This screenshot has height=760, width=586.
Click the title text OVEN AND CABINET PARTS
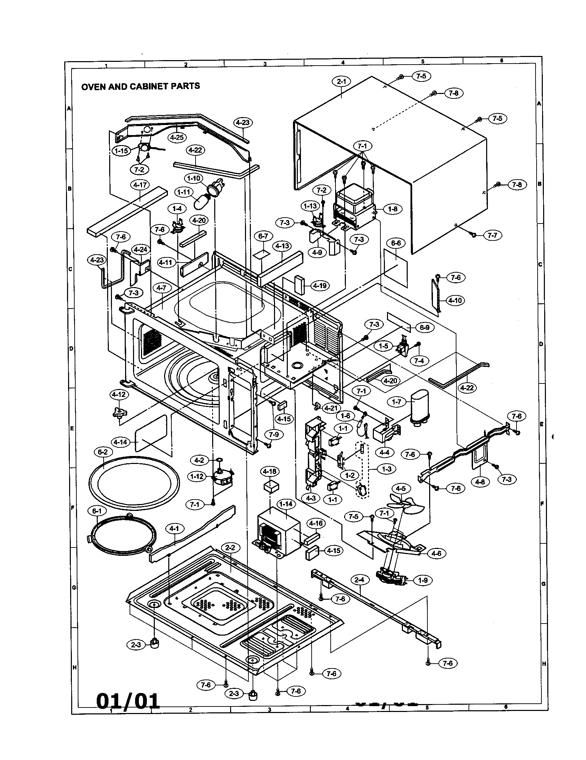pyautogui.click(x=141, y=86)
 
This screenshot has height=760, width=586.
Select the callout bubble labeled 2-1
pyautogui.click(x=341, y=82)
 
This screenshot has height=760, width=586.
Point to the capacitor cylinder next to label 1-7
pyautogui.click(x=419, y=407)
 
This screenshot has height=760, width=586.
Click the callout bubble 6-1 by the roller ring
pyautogui.click(x=97, y=511)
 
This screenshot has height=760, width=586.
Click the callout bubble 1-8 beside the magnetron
pyautogui.click(x=393, y=209)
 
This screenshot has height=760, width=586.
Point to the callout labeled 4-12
pyautogui.click(x=119, y=395)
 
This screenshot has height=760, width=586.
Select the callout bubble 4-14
pyautogui.click(x=120, y=442)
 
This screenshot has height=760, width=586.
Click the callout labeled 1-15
pyautogui.click(x=121, y=151)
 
